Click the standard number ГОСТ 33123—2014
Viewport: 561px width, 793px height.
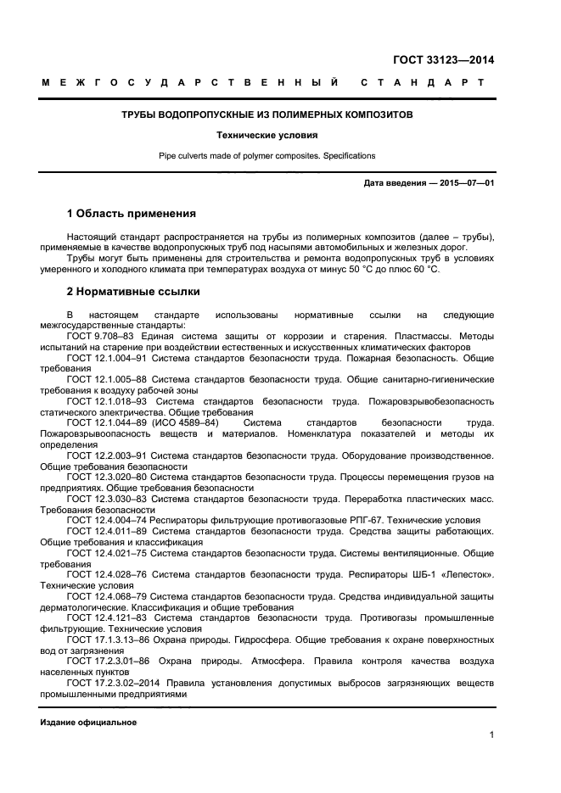click(445, 60)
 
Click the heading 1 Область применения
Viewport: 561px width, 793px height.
click(131, 214)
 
